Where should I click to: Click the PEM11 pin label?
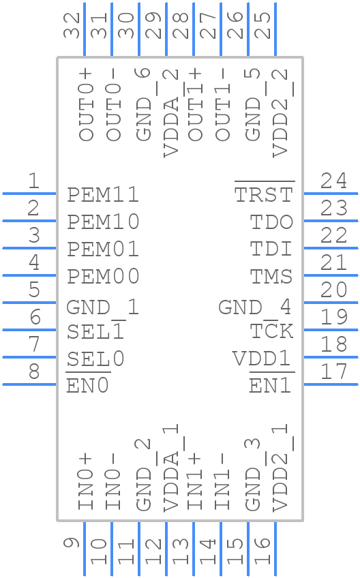103,195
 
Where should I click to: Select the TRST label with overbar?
264,193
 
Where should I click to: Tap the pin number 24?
334,181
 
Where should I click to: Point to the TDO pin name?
272,222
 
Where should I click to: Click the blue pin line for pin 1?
29,194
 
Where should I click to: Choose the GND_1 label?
102,307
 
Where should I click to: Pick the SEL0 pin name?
95,359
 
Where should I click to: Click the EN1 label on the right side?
271,384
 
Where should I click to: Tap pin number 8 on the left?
34,371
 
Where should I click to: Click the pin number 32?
72,25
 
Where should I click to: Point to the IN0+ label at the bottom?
85,482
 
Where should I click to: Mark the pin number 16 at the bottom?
262,551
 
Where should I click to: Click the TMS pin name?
271,277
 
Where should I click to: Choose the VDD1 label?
262,359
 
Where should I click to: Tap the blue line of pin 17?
331,384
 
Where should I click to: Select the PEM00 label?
103,277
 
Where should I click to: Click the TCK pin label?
272,331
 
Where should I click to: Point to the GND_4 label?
255,307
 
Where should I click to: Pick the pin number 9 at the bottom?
72,543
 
